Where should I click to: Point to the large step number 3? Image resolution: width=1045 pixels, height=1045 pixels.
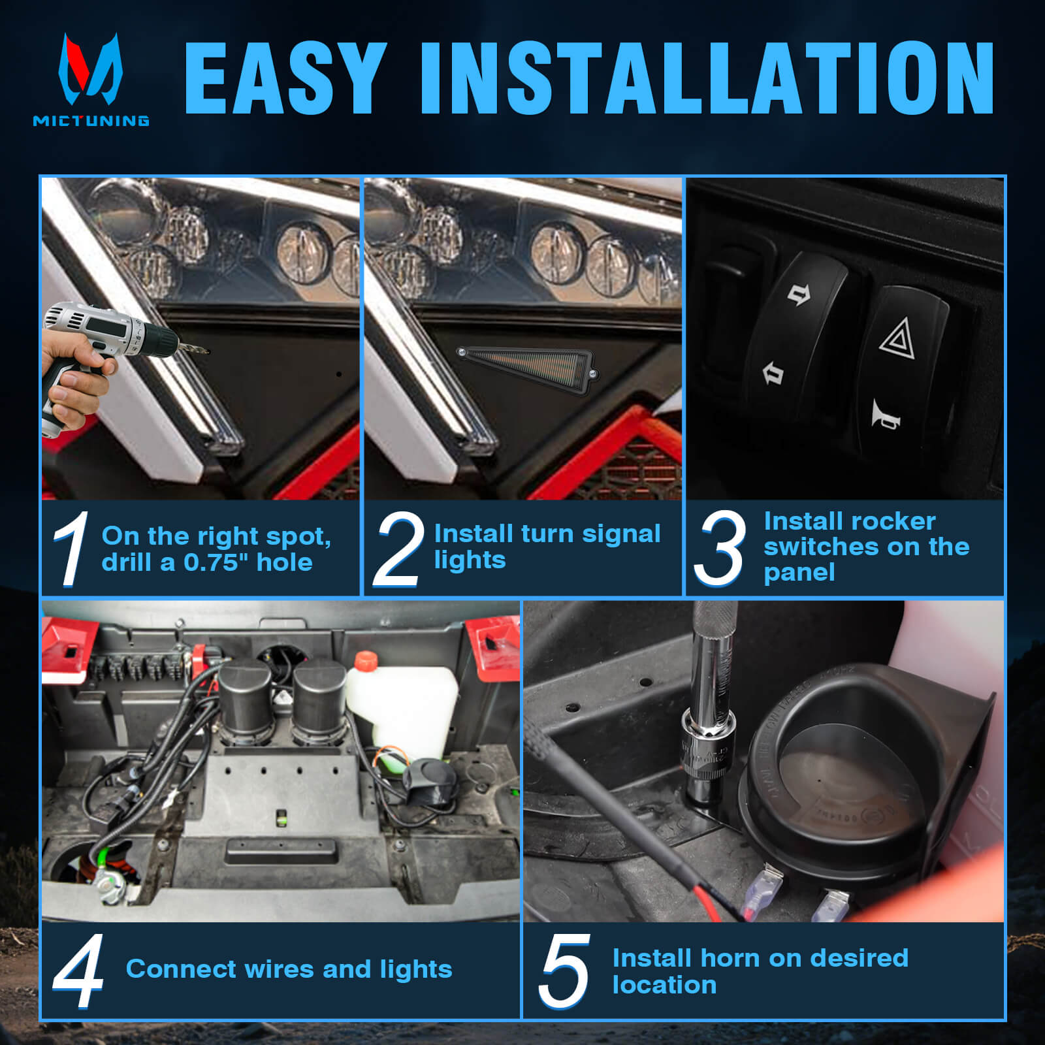pyautogui.click(x=719, y=547)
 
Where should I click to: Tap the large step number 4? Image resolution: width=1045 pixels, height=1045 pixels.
pyautogui.click(x=78, y=971)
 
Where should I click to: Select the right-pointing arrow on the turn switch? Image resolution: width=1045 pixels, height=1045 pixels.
pyautogui.click(x=798, y=295)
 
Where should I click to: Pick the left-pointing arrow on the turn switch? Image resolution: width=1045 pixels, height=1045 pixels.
pyautogui.click(x=773, y=374)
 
